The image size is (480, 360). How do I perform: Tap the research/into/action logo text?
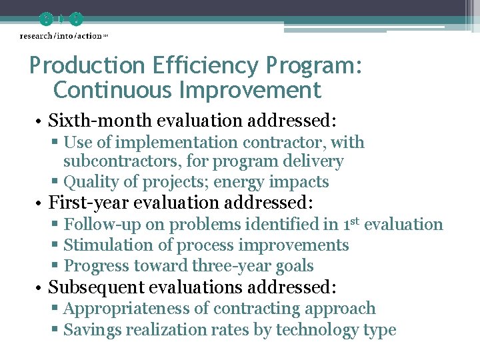tap(61, 35)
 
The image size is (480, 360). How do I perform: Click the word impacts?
tap(304, 182)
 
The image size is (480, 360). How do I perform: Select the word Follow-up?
tap(99, 225)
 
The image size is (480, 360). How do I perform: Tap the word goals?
tap(295, 266)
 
